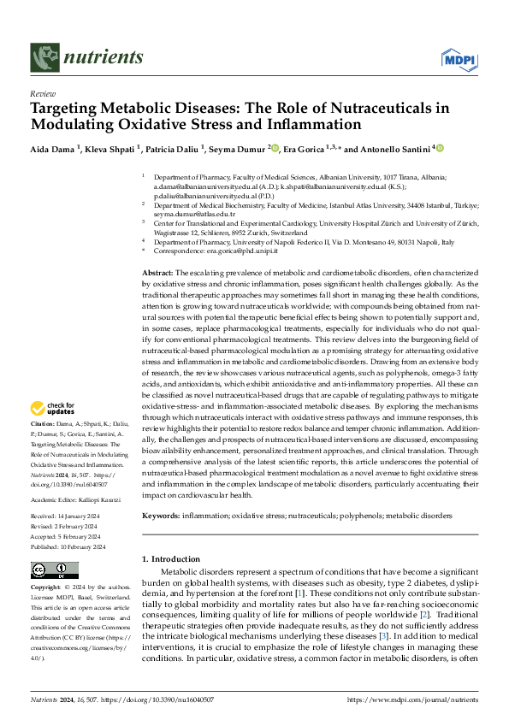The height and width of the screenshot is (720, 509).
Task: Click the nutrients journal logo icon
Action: [43, 56]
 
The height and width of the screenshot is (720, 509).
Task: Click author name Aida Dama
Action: [52, 148]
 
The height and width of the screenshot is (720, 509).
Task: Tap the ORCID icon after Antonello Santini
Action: [440, 148]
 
